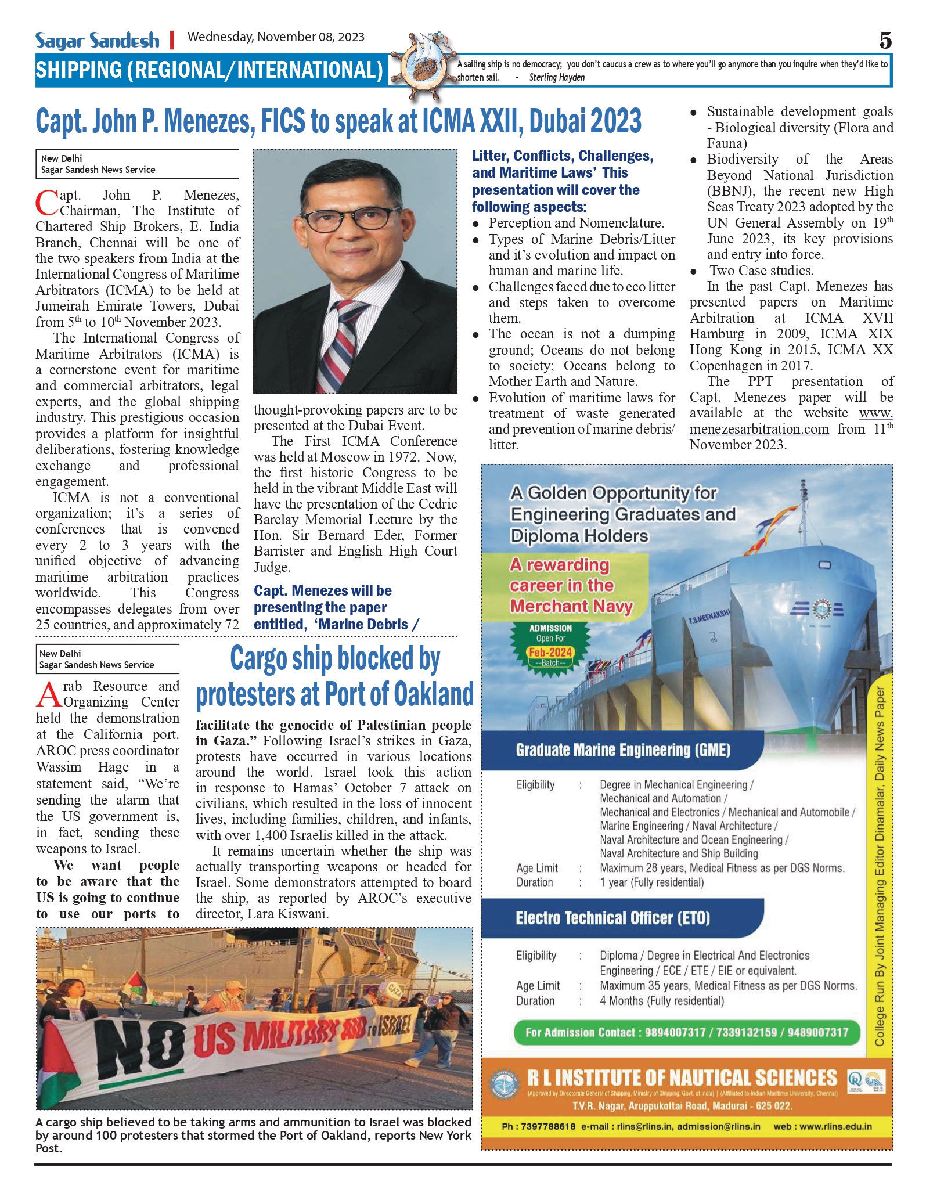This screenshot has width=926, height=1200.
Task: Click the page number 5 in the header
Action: pos(885,41)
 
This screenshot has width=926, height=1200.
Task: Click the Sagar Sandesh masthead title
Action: pos(97,41)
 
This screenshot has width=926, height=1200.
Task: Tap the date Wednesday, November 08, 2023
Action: pos(276,37)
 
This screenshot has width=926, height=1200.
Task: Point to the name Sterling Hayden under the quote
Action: pos(557,78)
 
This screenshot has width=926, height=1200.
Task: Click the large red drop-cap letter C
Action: pos(46,203)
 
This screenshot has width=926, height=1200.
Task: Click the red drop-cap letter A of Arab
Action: pos(49,694)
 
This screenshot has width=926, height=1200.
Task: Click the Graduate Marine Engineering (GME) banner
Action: pos(622,750)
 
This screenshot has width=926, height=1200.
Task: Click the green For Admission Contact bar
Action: pos(687,1033)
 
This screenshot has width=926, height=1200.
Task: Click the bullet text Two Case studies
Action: pos(761,271)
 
